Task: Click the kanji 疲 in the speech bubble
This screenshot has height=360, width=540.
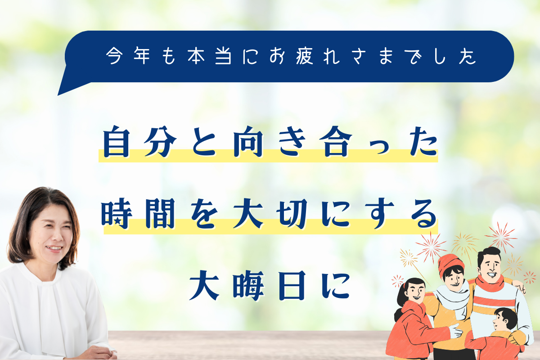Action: click(x=305, y=56)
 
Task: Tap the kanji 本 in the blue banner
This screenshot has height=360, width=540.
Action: click(x=196, y=56)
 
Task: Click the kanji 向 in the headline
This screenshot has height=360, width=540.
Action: click(x=248, y=142)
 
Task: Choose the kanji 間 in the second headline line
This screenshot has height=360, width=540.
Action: click(x=160, y=213)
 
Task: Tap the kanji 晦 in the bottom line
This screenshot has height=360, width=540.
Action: click(x=248, y=285)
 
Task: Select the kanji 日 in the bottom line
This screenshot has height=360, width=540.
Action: click(x=292, y=285)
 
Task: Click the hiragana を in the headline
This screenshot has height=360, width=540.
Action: click(x=204, y=214)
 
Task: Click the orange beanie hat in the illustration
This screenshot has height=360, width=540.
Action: click(x=450, y=265)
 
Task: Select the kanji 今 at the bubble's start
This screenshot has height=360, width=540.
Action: click(x=114, y=56)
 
